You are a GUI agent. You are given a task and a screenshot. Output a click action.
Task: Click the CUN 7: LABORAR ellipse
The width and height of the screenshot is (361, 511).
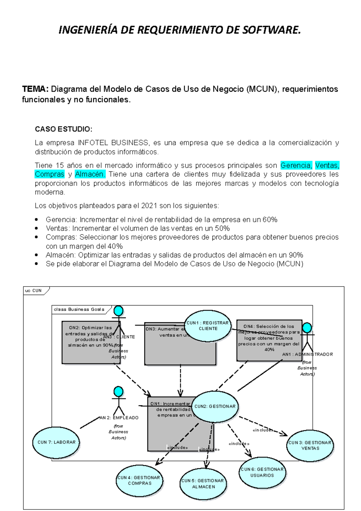click(x=56, y=442)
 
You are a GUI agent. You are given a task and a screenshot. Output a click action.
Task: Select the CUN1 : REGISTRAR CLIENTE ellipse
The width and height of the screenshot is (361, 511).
click(x=208, y=326)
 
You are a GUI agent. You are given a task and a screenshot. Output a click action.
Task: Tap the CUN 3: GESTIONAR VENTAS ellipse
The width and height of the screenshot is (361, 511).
click(x=310, y=445)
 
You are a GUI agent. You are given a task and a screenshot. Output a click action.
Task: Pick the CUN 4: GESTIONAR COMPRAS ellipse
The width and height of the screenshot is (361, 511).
click(x=139, y=481)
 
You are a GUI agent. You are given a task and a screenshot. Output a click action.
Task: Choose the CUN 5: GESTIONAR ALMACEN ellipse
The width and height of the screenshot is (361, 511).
click(x=203, y=484)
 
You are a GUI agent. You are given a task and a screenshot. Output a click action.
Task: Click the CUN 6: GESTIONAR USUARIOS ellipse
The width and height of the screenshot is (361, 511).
click(x=262, y=472)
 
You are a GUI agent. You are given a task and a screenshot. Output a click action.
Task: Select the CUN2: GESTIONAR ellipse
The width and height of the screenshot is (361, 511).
click(x=215, y=406)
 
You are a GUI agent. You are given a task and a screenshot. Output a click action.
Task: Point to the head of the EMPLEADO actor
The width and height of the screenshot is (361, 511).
click(x=119, y=392)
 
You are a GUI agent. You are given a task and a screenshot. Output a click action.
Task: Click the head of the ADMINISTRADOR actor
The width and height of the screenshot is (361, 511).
click(x=307, y=328)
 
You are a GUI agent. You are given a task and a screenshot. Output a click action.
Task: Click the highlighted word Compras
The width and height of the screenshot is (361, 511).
click(x=50, y=174)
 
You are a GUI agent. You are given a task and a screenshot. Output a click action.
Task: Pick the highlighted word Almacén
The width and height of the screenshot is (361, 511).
click(x=90, y=174)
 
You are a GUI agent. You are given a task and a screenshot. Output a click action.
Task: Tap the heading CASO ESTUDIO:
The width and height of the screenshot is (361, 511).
click(x=63, y=129)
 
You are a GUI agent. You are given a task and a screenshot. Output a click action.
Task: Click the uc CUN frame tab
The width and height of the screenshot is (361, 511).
click(x=34, y=290)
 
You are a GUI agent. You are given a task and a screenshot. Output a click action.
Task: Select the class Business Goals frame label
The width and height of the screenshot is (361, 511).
click(x=79, y=309)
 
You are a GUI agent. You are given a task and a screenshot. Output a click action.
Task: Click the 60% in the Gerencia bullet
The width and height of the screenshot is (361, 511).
click(x=270, y=220)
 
